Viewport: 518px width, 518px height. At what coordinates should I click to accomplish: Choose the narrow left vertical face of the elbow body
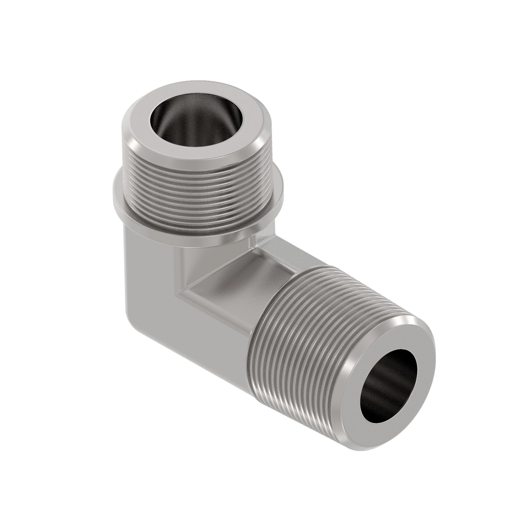pos(129,268)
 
